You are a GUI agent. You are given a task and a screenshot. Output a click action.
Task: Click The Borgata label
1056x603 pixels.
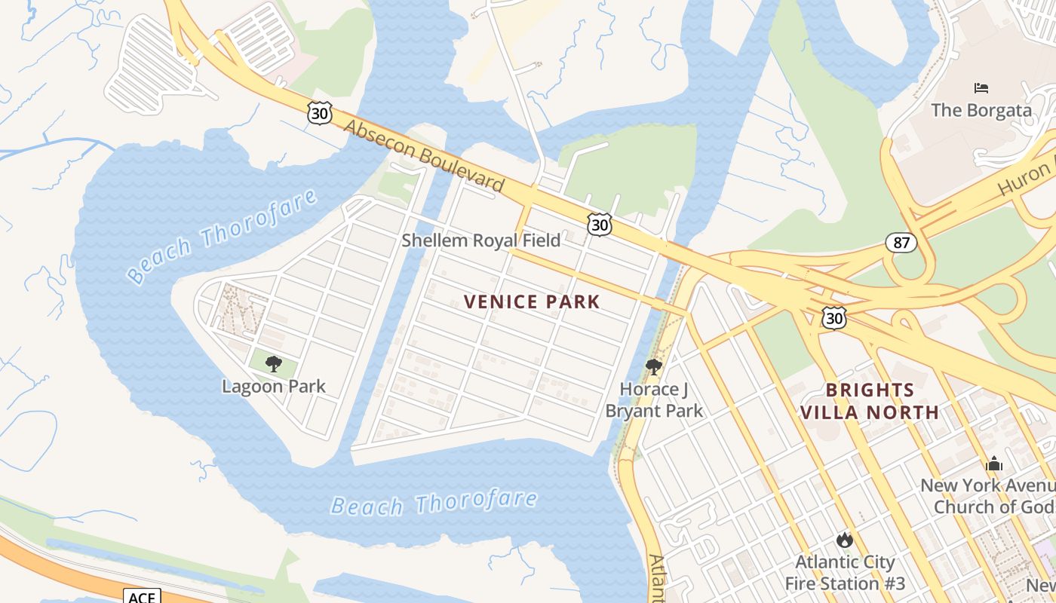[x=981, y=110]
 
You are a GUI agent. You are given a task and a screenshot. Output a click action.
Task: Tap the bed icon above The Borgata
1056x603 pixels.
[x=981, y=88]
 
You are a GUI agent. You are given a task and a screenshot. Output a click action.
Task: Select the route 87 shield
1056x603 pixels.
[x=901, y=243]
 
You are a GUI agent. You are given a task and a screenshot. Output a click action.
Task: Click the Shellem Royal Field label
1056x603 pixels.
[x=480, y=240]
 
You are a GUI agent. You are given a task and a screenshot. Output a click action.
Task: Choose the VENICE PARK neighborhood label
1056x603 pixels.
[x=532, y=302]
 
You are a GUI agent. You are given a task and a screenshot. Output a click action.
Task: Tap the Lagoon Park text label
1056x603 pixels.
[x=274, y=387]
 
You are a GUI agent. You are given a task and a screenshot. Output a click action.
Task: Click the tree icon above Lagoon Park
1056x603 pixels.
[x=274, y=365]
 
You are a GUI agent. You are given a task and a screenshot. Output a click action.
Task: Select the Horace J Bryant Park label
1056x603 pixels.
[x=653, y=399]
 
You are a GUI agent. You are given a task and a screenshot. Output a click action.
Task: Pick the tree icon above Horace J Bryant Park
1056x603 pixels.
[x=654, y=367]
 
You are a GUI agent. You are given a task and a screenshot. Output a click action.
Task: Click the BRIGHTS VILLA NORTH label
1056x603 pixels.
[x=870, y=401]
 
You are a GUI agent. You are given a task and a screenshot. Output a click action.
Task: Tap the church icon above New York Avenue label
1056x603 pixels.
[x=994, y=464]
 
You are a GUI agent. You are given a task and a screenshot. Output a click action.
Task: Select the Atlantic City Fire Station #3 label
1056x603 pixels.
[x=845, y=573]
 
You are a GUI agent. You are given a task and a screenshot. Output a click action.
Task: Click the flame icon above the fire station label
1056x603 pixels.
[x=844, y=540]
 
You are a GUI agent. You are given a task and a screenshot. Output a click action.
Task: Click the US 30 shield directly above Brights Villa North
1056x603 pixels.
[x=834, y=317]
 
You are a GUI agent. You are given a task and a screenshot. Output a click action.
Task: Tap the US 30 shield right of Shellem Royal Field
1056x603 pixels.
[x=600, y=224]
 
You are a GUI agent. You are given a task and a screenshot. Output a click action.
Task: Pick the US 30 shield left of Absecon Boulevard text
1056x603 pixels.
[x=320, y=114]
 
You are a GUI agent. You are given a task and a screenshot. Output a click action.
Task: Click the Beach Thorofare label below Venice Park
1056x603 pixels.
[x=434, y=503]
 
